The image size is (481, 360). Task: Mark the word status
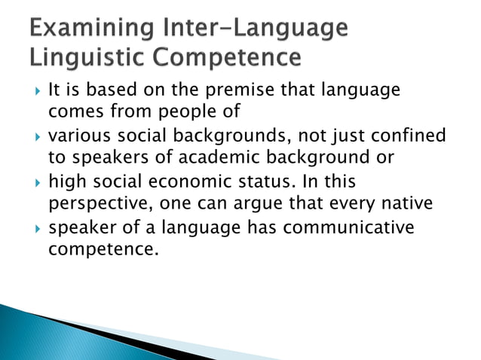pos(283,182)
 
